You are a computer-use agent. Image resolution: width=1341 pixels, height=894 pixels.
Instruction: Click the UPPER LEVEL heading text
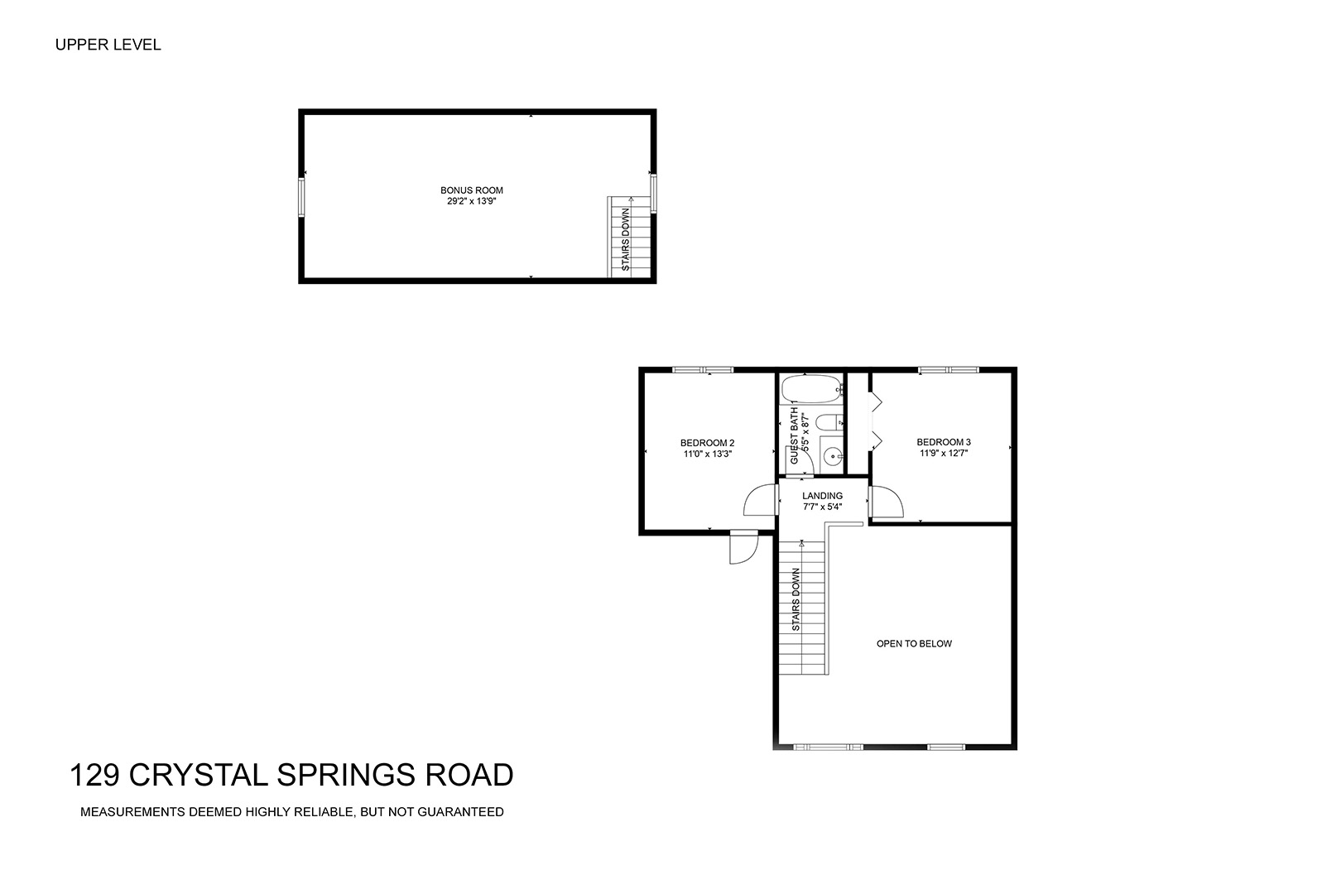(108, 45)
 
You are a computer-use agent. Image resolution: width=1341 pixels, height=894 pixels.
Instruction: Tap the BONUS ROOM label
(472, 190)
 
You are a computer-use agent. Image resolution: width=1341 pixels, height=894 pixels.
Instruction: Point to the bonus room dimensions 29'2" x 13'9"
(472, 201)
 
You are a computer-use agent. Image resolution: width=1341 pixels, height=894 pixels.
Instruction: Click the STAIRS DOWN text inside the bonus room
(626, 239)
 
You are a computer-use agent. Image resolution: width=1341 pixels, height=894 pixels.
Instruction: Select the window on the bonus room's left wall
(301, 196)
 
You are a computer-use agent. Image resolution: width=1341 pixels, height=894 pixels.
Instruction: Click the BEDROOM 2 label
(707, 443)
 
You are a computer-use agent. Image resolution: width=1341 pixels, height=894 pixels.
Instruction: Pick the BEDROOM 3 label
(944, 443)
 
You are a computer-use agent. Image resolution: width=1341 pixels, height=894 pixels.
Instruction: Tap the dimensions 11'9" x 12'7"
(944, 454)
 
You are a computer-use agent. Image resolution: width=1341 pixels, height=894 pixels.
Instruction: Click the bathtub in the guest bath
(811, 388)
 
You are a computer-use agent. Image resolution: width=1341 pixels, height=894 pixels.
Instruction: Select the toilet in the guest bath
(829, 422)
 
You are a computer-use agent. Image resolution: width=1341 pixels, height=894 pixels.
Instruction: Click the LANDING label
(823, 496)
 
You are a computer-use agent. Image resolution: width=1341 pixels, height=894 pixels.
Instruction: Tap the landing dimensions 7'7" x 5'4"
(823, 507)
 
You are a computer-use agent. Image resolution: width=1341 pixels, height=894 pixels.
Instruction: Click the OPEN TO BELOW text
(914, 644)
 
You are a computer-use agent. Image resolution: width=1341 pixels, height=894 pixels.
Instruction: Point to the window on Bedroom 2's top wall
(703, 370)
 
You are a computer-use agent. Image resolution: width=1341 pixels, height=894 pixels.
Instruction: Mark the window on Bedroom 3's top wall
(949, 370)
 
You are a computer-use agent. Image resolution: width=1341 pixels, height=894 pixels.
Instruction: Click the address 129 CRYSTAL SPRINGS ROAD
(291, 775)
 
